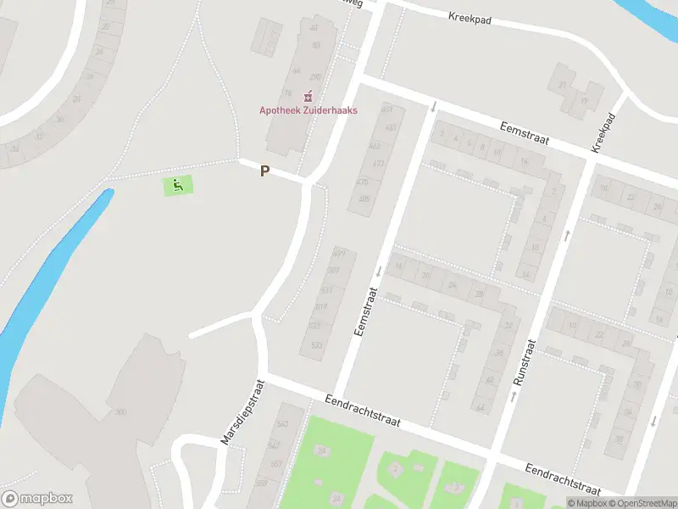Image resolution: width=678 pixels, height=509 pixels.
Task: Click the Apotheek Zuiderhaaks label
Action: point(308,110)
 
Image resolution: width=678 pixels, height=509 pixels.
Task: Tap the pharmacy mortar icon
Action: point(308,96)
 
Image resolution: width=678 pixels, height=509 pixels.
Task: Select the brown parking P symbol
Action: point(264,171)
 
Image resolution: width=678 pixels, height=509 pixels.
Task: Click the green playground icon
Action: point(178,185)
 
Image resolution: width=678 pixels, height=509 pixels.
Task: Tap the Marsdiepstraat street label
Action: point(243,412)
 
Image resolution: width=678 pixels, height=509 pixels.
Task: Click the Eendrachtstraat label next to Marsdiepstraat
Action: point(364,410)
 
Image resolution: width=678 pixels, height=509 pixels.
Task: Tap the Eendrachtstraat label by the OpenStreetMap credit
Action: point(562,479)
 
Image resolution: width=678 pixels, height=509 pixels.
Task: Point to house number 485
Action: point(364,199)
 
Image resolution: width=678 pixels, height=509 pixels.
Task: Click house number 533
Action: point(316,345)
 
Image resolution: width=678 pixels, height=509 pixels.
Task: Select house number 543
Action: point(281,423)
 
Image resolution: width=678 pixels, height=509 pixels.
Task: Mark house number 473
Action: point(378,163)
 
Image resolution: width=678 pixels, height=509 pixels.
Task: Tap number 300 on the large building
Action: point(120,412)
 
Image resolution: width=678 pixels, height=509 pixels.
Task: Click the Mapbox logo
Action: point(37,498)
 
